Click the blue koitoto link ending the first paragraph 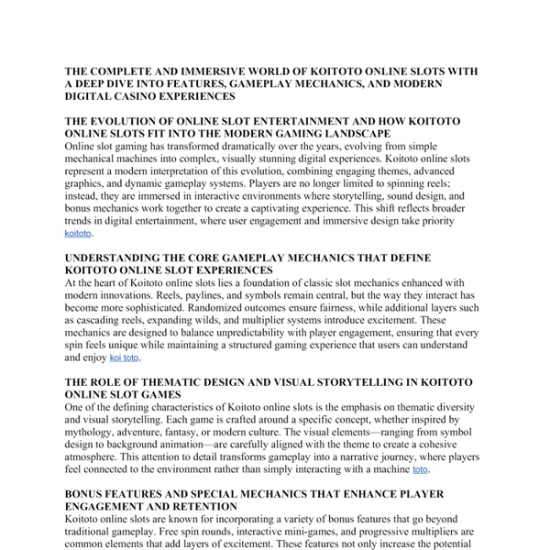[x=78, y=234]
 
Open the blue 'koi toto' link [x=124, y=357]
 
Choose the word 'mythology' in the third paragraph [x=95, y=431]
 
